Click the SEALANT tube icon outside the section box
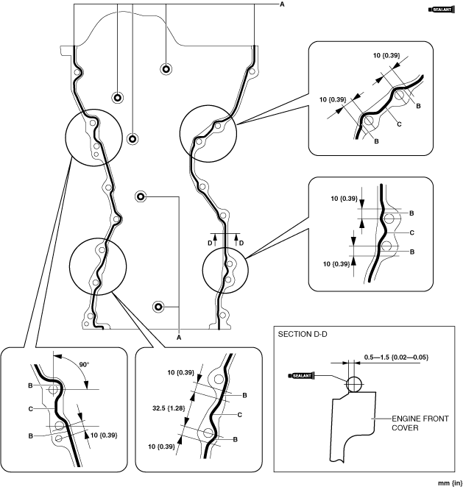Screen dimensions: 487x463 pos(440,10)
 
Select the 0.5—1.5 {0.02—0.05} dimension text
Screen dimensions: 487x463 pos(395,357)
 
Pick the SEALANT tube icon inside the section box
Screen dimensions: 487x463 pos(303,376)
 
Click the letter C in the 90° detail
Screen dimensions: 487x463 pos(29,407)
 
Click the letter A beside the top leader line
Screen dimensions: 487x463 pos(281,5)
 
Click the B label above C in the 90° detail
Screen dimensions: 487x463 pos(29,385)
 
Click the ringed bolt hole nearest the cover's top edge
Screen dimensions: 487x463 pos(166,69)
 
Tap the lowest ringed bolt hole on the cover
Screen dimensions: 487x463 pos(158,306)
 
